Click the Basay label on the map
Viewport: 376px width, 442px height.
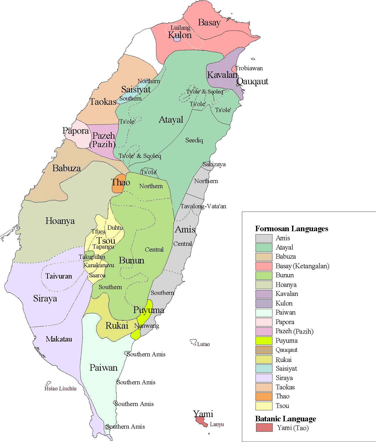pos(209,22)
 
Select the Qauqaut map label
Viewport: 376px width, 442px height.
pos(253,81)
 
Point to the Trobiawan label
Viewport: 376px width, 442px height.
pos(249,68)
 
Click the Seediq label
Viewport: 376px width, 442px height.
pos(194,140)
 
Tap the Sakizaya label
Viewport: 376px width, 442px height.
pos(214,164)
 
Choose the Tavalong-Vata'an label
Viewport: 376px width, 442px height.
pos(203,207)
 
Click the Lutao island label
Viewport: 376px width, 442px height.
pos(203,344)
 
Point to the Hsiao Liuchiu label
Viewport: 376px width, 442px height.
pos(60,388)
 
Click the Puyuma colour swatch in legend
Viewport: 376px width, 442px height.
pos(264,341)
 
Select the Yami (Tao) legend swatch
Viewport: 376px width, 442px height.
pos(264,428)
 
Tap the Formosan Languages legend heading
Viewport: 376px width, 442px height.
pos(292,229)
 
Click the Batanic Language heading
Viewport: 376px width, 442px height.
pos(286,419)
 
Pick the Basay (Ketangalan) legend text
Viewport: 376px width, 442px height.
pos(302,266)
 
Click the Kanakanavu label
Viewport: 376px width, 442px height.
pos(99,265)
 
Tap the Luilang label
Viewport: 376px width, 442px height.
pos(180,28)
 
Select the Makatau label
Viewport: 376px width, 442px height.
pos(59,339)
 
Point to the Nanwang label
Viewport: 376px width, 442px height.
pos(147,326)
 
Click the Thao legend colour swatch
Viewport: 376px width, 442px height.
pos(264,396)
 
